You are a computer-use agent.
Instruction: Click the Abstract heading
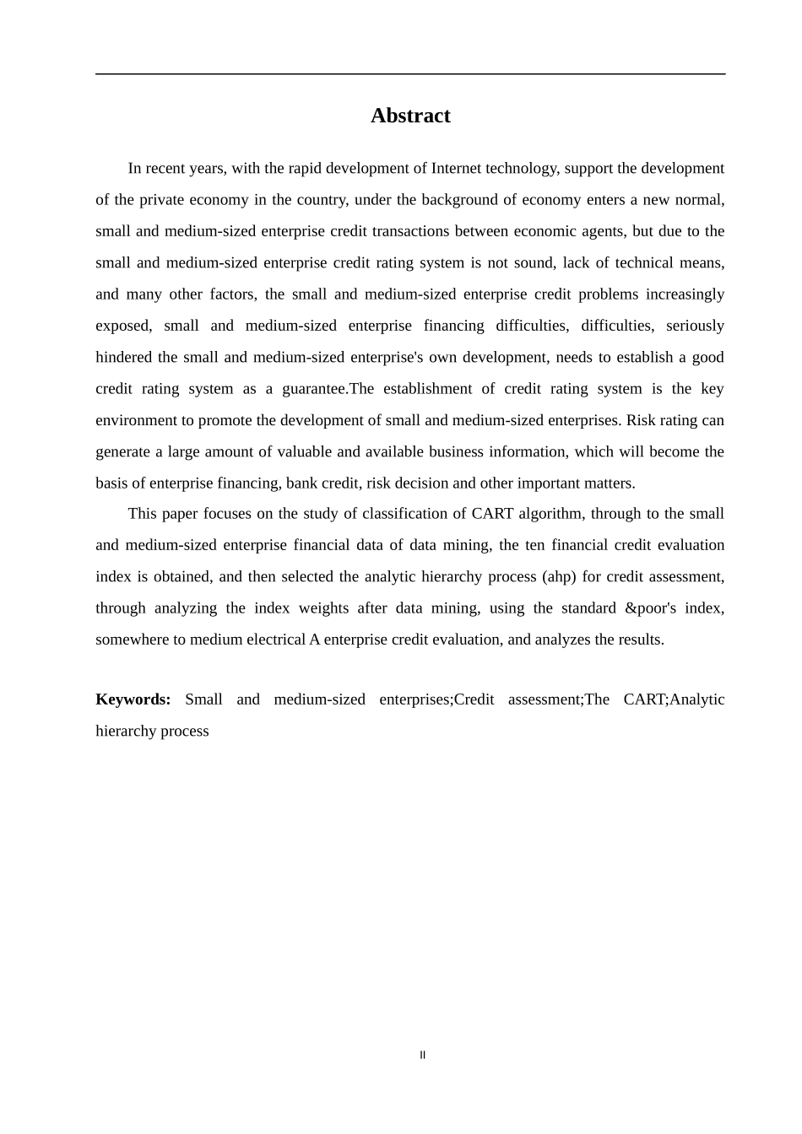410,116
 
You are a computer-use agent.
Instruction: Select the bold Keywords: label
133,699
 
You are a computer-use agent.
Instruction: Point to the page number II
423,1055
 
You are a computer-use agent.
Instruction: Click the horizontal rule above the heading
410,74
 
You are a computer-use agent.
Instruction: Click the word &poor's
650,608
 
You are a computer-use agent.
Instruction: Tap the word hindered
123,357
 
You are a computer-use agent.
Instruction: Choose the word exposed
122,326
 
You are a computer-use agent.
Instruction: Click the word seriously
695,326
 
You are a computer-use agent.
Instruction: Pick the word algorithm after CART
550,514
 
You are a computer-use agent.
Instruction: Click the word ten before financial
534,545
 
